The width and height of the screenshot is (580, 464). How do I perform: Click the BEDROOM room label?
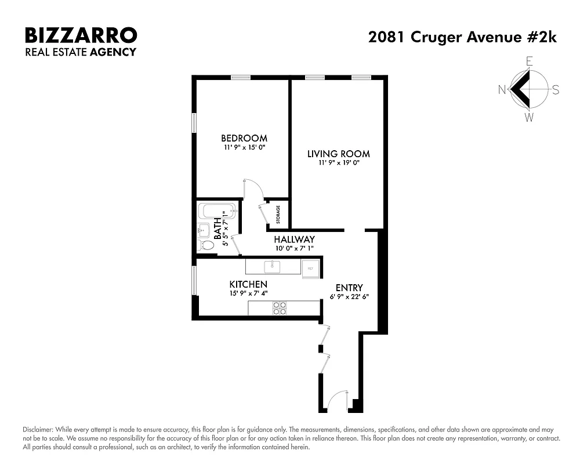coord(244,138)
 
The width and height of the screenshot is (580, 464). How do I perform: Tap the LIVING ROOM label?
coord(338,154)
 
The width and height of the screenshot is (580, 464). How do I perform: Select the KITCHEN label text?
coord(248,284)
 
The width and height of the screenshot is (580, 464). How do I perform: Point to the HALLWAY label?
coord(294,240)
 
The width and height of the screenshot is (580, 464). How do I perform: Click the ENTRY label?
coord(349,288)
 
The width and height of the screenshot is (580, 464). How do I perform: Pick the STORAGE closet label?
coord(278,215)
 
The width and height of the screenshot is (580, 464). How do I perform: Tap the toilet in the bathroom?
coord(205,245)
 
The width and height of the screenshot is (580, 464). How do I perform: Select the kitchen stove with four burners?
coord(280,308)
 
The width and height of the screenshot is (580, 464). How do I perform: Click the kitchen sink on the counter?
coord(271,267)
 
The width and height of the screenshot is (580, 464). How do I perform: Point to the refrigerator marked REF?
coord(310,268)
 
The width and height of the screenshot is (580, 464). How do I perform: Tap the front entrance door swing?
coord(336,401)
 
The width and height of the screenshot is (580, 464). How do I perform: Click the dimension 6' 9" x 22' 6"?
coord(349,296)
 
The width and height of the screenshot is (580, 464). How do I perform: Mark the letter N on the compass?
coord(502,89)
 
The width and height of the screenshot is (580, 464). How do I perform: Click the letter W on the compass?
coord(529,118)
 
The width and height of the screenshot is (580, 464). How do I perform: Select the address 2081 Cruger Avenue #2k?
coord(462,37)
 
